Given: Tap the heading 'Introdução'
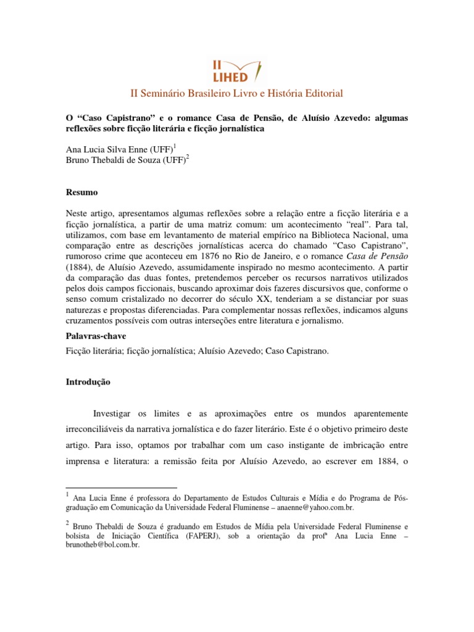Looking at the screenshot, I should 88,382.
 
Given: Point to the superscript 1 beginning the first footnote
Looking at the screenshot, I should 67,496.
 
